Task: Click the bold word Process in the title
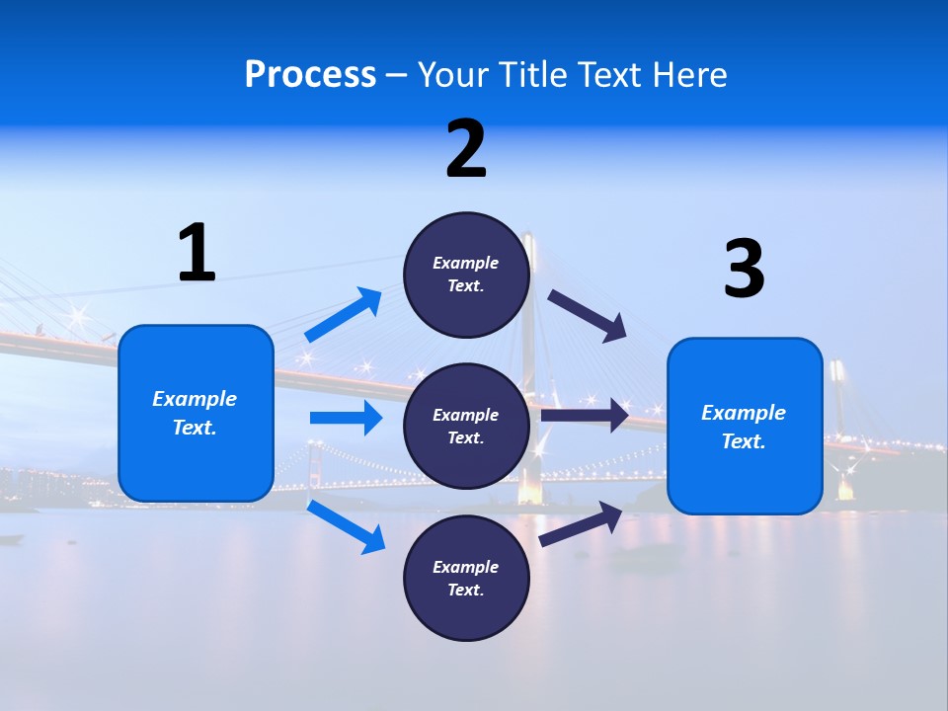pyautogui.click(x=310, y=75)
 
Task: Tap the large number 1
pyautogui.click(x=197, y=253)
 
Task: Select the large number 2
pyautogui.click(x=466, y=149)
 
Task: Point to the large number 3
pyautogui.click(x=744, y=270)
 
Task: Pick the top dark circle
pyautogui.click(x=466, y=275)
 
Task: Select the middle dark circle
pyautogui.click(x=466, y=426)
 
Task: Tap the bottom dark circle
pyautogui.click(x=466, y=578)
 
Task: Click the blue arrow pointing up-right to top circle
pyautogui.click(x=344, y=315)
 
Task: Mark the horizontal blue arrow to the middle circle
pyautogui.click(x=346, y=418)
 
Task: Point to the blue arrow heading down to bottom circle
pyautogui.click(x=346, y=526)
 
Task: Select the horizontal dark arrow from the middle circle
pyautogui.click(x=585, y=415)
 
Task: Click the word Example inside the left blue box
pyautogui.click(x=195, y=399)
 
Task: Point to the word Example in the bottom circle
pyautogui.click(x=465, y=567)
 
